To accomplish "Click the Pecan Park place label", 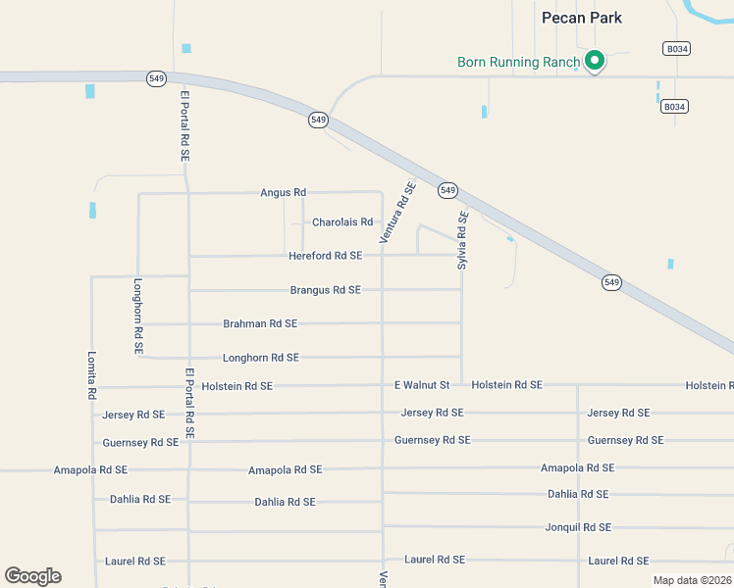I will (582, 18).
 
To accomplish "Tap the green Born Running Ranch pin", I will (594, 62).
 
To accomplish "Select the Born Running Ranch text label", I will (519, 62).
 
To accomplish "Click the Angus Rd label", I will (284, 192).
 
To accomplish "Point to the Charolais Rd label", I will (342, 222).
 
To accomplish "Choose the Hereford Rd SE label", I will (325, 256).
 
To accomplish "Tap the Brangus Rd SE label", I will (325, 290).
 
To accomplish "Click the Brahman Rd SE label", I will (260, 323).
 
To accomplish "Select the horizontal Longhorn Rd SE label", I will (260, 358).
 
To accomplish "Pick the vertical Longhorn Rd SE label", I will (138, 316).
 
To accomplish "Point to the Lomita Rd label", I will (92, 375).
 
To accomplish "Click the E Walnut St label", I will (422, 385).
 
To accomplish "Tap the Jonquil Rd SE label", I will (578, 527).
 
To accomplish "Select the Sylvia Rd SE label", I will (463, 240).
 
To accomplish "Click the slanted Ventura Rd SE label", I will (398, 212).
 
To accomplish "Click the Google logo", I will (32, 576).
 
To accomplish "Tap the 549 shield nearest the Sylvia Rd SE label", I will (447, 189).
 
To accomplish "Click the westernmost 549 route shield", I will (156, 78).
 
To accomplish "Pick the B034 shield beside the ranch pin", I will (674, 48).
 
